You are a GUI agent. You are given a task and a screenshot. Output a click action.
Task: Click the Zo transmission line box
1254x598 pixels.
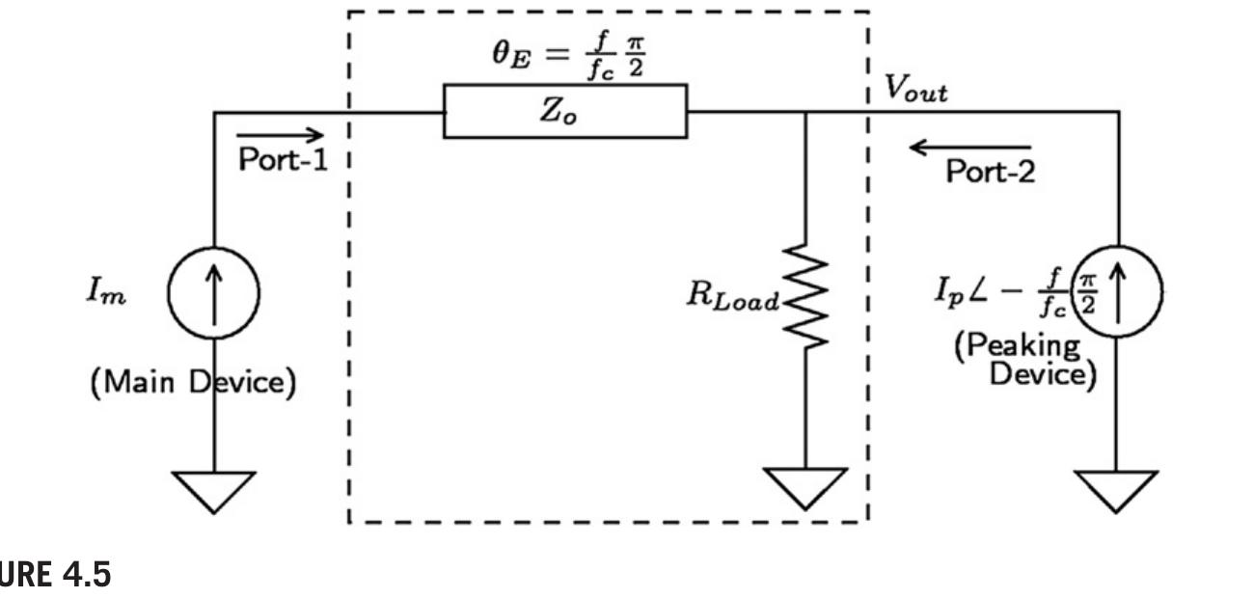tap(565, 111)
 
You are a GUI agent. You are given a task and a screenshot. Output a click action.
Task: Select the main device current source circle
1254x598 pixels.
tap(213, 288)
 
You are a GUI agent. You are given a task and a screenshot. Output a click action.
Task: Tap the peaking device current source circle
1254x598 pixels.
tap(1119, 288)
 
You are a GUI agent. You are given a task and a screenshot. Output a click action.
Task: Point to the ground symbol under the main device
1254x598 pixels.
tap(213, 493)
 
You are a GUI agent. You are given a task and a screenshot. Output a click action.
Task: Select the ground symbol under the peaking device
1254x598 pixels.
tap(1119, 493)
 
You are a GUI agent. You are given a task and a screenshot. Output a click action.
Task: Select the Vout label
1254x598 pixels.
tap(916, 91)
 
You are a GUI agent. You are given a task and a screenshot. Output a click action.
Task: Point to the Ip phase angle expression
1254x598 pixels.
tap(1009, 288)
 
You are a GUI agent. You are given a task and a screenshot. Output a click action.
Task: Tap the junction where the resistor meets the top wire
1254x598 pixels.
tap(806, 111)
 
